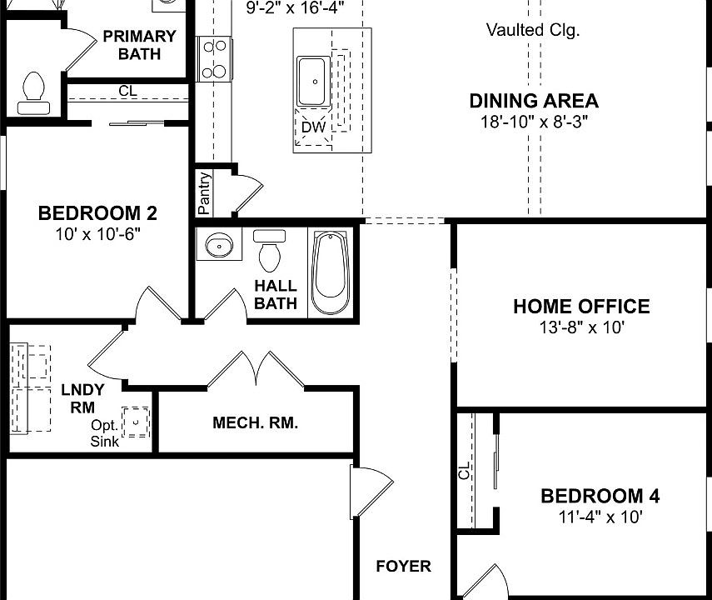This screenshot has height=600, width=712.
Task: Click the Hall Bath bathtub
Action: [x=331, y=272]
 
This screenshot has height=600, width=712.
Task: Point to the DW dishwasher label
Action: [x=313, y=127]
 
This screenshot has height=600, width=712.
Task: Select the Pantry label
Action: [x=204, y=192]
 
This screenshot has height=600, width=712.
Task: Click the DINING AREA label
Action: [x=534, y=102]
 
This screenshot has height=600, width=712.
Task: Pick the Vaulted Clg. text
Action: [x=533, y=31]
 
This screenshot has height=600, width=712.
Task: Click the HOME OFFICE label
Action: [x=581, y=307]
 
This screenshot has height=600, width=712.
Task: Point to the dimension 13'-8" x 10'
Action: [x=581, y=327]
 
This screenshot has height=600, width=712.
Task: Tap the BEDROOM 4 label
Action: [x=600, y=497]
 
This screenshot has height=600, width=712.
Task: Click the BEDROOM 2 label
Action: [x=97, y=213]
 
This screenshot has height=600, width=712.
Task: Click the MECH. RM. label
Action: [x=255, y=423]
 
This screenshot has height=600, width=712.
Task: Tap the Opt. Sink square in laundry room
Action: [x=135, y=422]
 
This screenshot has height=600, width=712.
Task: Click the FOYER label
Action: [x=403, y=567]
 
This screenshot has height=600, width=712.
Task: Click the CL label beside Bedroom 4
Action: [x=464, y=472]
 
